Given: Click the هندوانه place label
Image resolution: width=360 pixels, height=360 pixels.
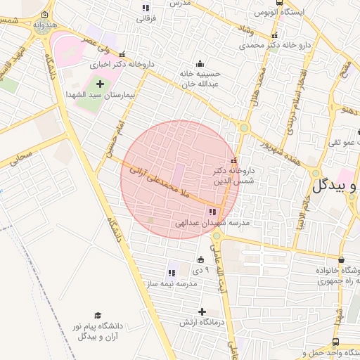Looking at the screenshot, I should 44,25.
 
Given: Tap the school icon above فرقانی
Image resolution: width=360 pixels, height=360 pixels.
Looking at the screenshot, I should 146,8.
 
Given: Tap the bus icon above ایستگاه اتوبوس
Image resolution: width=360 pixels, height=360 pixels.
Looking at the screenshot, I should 281,2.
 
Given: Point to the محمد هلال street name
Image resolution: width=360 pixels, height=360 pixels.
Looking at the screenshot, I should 258,83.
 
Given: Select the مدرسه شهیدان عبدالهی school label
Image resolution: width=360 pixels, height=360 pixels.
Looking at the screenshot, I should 212,224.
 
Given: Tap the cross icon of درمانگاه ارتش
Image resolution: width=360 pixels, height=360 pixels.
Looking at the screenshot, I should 202,311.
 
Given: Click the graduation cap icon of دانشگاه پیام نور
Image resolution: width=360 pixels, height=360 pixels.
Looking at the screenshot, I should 98,316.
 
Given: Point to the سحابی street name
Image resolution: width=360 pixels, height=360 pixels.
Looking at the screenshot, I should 21,157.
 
